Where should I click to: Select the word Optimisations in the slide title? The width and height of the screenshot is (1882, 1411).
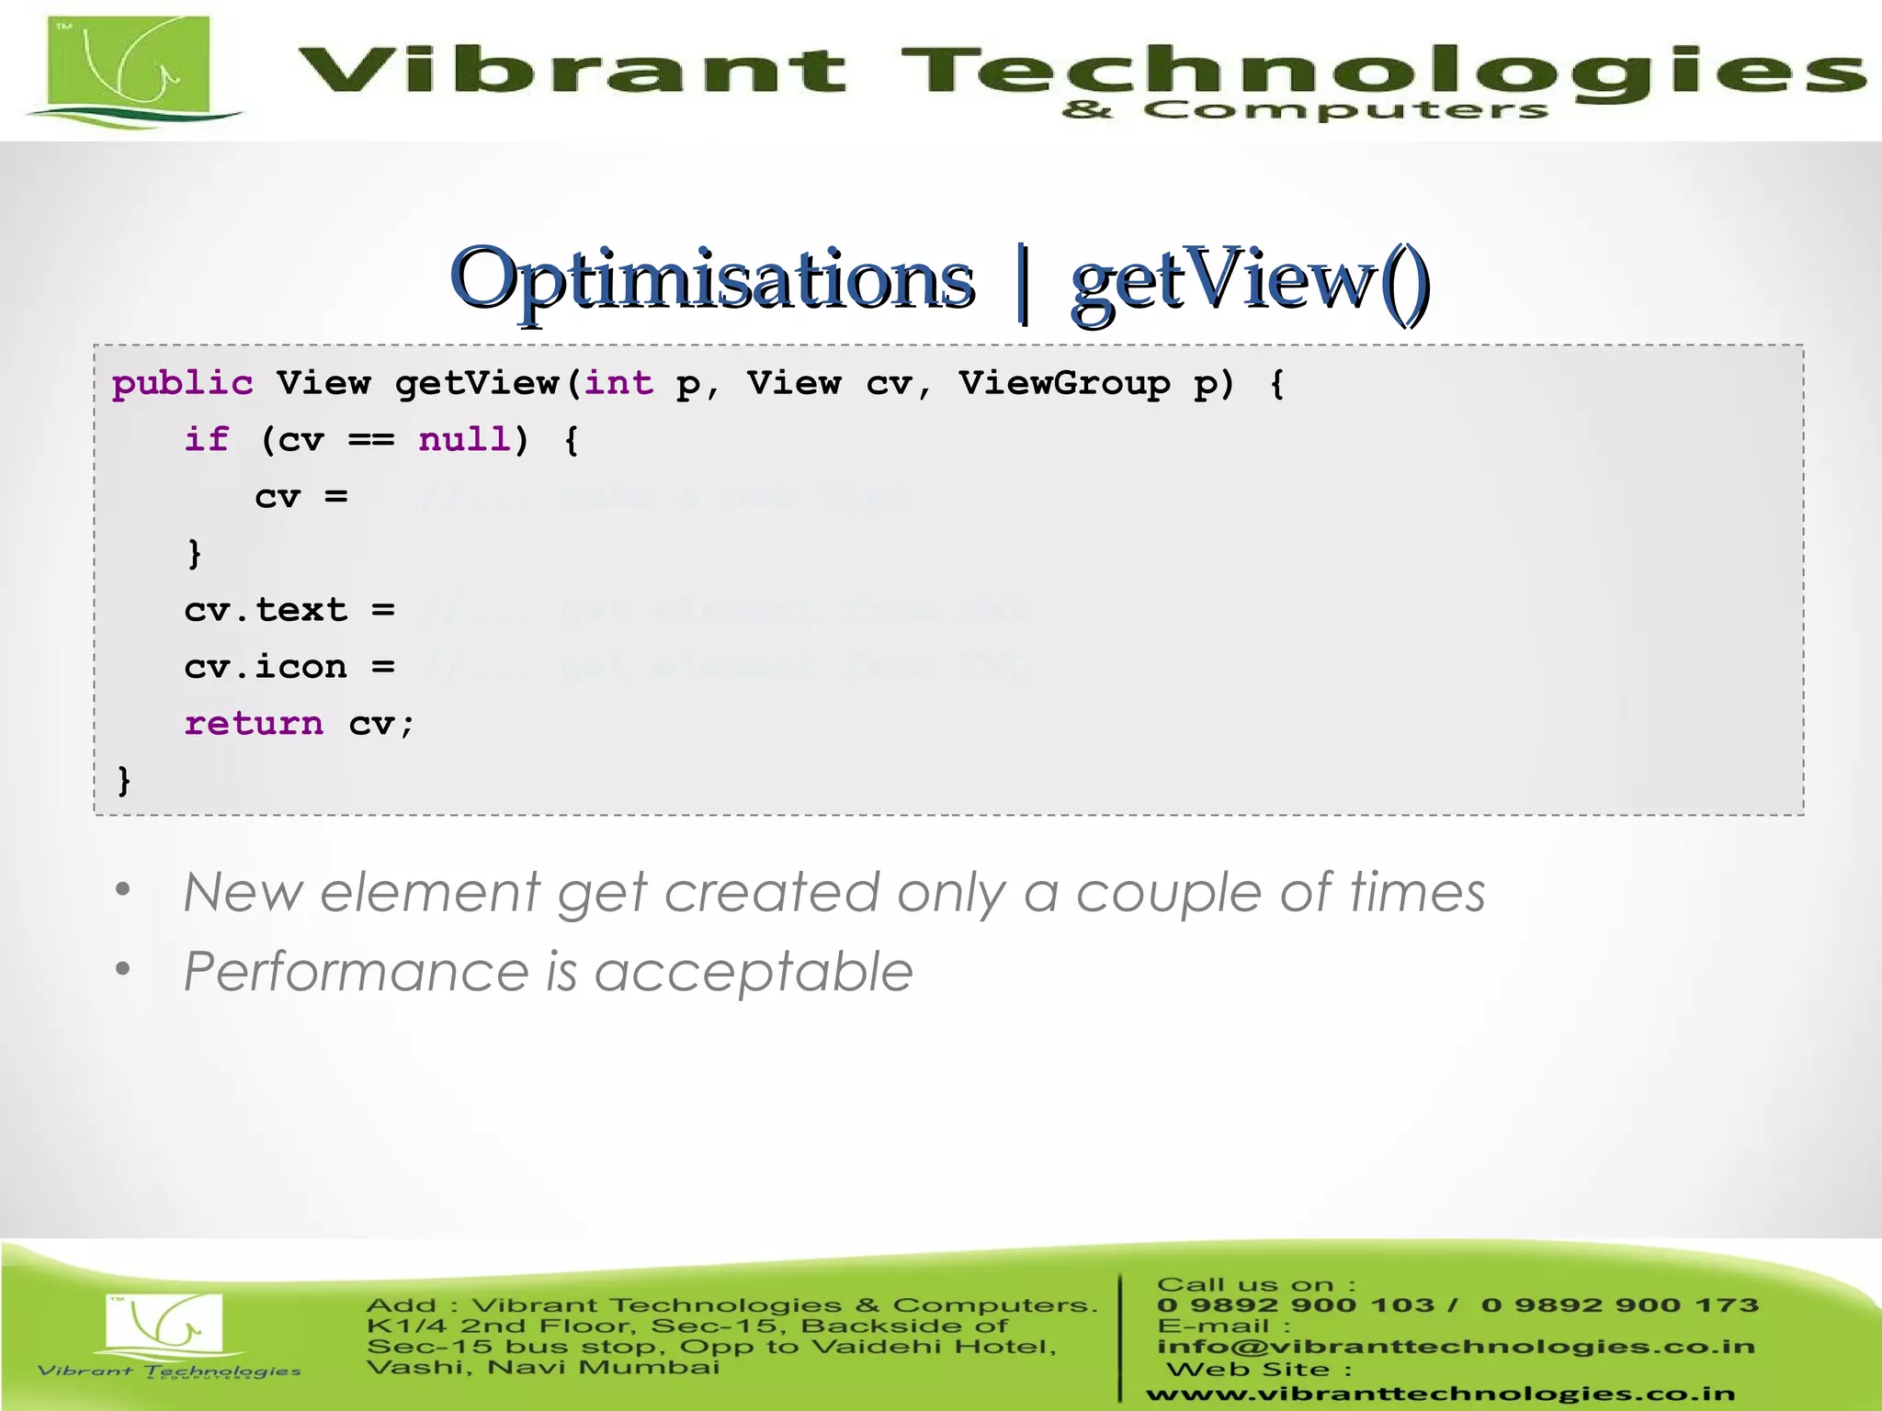click(x=712, y=279)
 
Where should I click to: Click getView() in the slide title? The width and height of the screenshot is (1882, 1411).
click(x=1250, y=279)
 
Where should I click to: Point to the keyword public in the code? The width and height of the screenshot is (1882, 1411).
click(x=182, y=383)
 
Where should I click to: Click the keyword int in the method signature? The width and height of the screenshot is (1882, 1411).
click(x=618, y=383)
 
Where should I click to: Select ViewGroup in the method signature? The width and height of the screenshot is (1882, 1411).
click(x=1064, y=383)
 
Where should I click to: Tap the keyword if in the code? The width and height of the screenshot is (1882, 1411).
click(x=207, y=440)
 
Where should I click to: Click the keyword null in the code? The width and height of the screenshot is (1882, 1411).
click(x=463, y=440)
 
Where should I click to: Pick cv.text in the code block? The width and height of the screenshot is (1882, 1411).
click(x=266, y=610)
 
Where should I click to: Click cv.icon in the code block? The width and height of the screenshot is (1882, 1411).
click(x=266, y=667)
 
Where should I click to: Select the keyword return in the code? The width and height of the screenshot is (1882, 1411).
click(x=254, y=724)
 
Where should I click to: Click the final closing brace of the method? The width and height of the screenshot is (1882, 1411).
click(x=124, y=781)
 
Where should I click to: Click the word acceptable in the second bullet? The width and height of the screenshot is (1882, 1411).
click(x=754, y=972)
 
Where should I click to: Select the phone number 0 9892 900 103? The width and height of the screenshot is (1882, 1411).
click(x=1295, y=1305)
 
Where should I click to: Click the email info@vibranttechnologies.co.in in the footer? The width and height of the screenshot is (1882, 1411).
click(x=1456, y=1347)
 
